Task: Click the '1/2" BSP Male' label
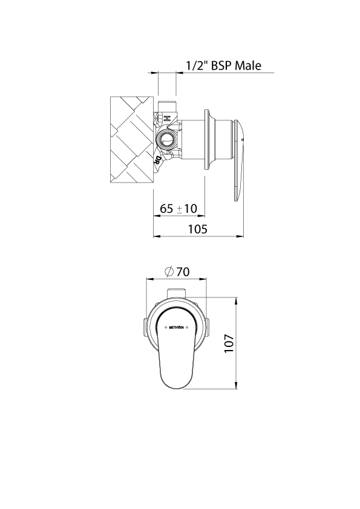tap(223, 65)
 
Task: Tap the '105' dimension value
tap(198, 229)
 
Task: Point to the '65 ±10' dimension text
tap(178, 209)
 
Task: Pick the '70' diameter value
tap(183, 272)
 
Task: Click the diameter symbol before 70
tap(169, 272)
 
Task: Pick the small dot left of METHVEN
tap(164, 328)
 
